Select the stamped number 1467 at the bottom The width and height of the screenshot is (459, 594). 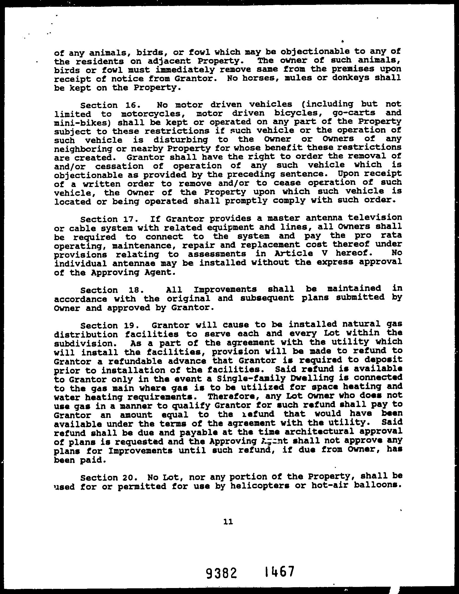tap(280, 571)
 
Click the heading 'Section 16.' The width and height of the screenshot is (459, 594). tap(103, 105)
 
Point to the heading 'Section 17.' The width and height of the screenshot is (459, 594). tap(103, 219)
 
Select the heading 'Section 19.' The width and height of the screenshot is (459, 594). tap(103, 325)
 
